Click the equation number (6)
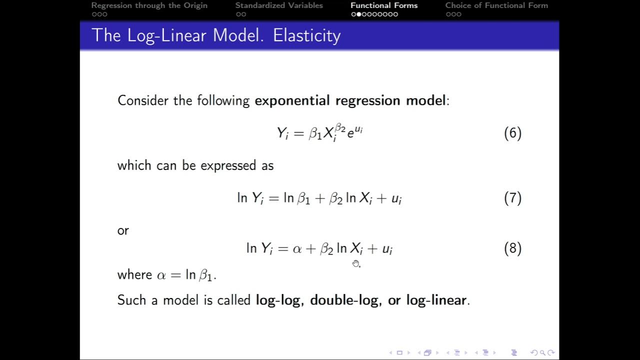pyautogui.click(x=512, y=133)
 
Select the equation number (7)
pyautogui.click(x=512, y=198)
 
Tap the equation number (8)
pyautogui.click(x=512, y=248)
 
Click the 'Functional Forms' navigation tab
pyautogui.click(x=384, y=6)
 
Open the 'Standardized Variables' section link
pyautogui.click(x=279, y=6)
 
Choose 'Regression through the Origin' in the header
pyautogui.click(x=149, y=6)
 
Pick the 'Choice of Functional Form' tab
pyautogui.click(x=496, y=6)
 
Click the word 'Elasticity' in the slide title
pyautogui.click(x=306, y=35)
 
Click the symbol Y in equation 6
pyautogui.click(x=282, y=133)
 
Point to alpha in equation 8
pyautogui.click(x=297, y=249)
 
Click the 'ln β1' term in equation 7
pyautogui.click(x=297, y=198)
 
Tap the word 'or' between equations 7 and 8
pyautogui.click(x=123, y=230)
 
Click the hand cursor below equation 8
pyautogui.click(x=356, y=264)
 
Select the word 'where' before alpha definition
pyautogui.click(x=134, y=274)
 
